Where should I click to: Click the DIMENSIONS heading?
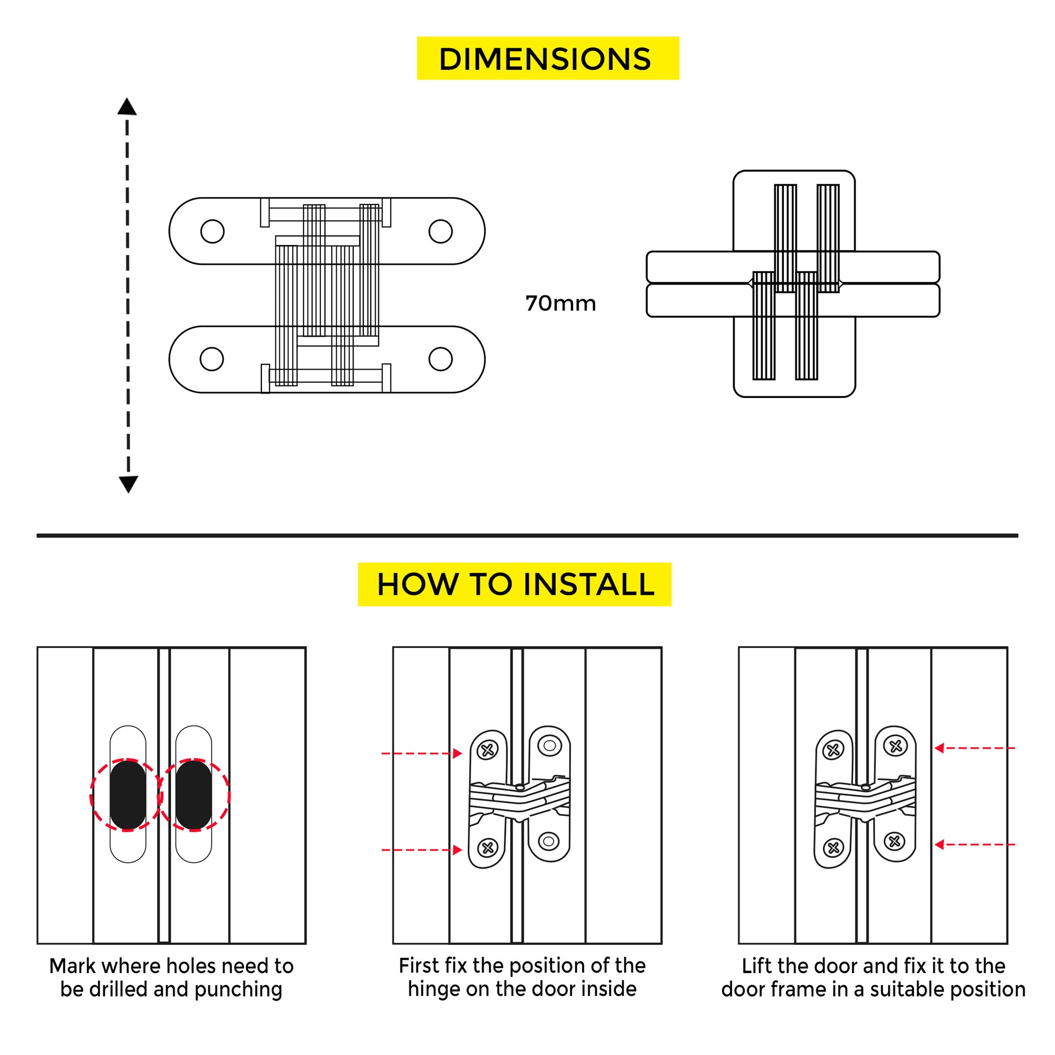click(547, 59)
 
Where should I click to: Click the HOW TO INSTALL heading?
click(514, 584)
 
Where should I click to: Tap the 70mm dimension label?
click(560, 304)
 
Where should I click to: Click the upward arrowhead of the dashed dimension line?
click(127, 106)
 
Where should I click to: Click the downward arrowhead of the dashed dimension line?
click(128, 484)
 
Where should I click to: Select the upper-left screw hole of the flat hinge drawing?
click(213, 231)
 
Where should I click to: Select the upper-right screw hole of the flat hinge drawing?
click(440, 231)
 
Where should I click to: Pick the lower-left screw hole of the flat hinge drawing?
click(212, 359)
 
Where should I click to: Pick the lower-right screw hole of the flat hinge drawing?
click(440, 359)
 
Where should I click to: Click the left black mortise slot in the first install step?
click(128, 795)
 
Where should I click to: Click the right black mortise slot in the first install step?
click(194, 795)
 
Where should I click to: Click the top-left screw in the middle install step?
click(487, 750)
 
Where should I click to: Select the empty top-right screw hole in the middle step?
click(549, 745)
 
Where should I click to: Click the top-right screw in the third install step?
click(895, 746)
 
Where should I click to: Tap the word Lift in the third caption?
click(756, 966)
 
